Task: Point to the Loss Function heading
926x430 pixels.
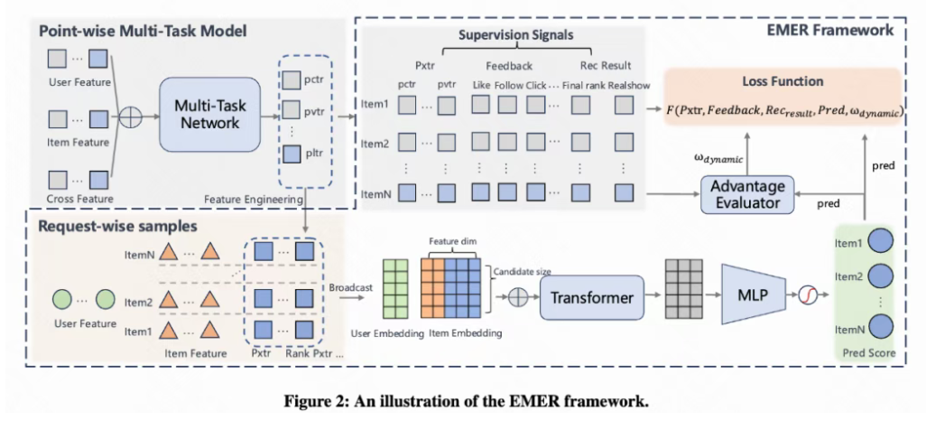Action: point(782,81)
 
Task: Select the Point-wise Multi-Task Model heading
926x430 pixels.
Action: point(135,32)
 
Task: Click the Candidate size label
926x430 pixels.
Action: point(522,269)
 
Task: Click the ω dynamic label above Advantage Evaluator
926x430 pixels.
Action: point(718,157)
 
